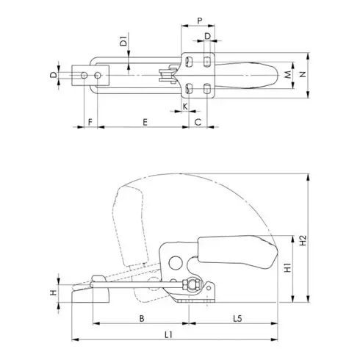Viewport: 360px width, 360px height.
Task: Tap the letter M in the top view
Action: (289, 75)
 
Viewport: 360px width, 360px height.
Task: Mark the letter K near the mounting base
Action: (184, 107)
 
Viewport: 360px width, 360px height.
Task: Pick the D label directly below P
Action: (208, 35)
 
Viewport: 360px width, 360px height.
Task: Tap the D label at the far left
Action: (53, 75)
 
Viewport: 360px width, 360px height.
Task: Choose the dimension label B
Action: (141, 319)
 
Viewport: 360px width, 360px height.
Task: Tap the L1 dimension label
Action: (168, 335)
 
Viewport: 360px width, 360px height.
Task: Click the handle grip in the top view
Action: (250, 75)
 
